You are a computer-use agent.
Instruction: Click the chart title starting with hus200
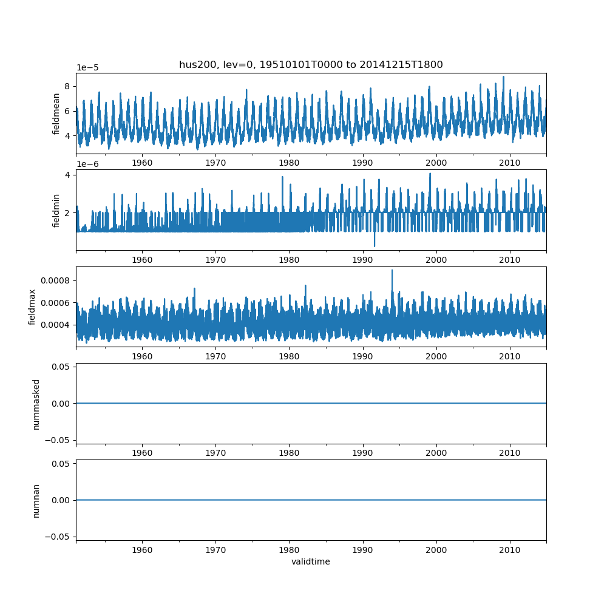[x=311, y=64]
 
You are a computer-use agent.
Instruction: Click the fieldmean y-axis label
[x=56, y=114]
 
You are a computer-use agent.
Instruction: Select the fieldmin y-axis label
[x=56, y=210]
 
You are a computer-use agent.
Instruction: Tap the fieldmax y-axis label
[x=32, y=307]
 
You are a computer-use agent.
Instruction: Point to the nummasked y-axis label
[x=36, y=403]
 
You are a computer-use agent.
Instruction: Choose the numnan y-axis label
[x=36, y=500]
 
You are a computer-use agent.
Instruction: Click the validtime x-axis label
[x=311, y=562]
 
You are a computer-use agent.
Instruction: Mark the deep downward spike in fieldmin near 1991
[x=375, y=246]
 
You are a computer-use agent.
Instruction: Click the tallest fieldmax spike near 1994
[x=392, y=271]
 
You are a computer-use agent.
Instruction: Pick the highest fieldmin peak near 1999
[x=430, y=174]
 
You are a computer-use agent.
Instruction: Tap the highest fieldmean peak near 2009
[x=503, y=77]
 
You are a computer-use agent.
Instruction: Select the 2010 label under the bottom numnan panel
[x=510, y=550]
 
